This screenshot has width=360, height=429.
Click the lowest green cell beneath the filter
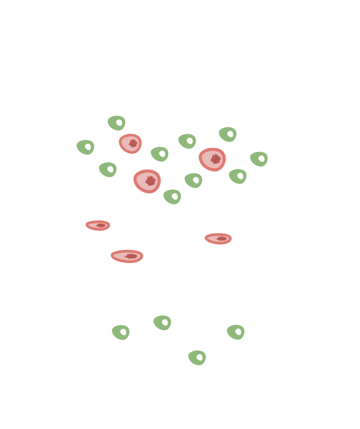(197, 357)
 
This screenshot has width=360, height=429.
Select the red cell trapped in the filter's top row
(98, 225)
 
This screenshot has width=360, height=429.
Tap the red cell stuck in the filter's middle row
(218, 238)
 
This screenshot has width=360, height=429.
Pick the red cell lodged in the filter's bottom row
(127, 256)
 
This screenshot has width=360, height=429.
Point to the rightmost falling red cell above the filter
(212, 159)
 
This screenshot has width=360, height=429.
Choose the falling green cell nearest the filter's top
(172, 196)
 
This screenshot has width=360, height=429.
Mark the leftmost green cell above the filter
(85, 147)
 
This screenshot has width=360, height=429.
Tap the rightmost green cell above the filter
(259, 159)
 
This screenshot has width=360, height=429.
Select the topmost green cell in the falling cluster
(117, 123)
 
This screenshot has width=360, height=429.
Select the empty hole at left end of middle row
(89, 239)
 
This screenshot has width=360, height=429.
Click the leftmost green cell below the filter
(121, 332)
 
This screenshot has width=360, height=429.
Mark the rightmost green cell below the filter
(236, 332)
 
